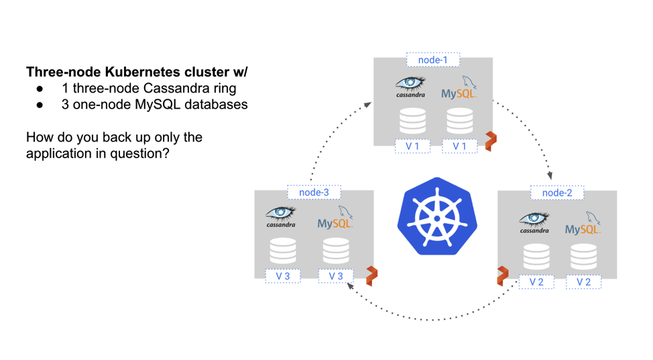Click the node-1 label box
point(432,60)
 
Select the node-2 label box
point(556,192)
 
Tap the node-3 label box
point(314,192)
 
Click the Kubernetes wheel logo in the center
point(437,217)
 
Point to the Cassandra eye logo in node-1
point(410,86)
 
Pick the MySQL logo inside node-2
point(583,224)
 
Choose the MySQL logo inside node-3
point(335,219)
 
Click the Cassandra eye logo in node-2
point(534,222)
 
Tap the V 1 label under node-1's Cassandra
point(412,146)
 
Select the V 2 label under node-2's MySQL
point(583,282)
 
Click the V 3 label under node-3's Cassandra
point(282,276)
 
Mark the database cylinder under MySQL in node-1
point(459,121)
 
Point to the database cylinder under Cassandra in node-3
point(282,250)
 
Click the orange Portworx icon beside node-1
point(491,141)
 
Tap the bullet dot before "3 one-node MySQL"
point(40,105)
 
